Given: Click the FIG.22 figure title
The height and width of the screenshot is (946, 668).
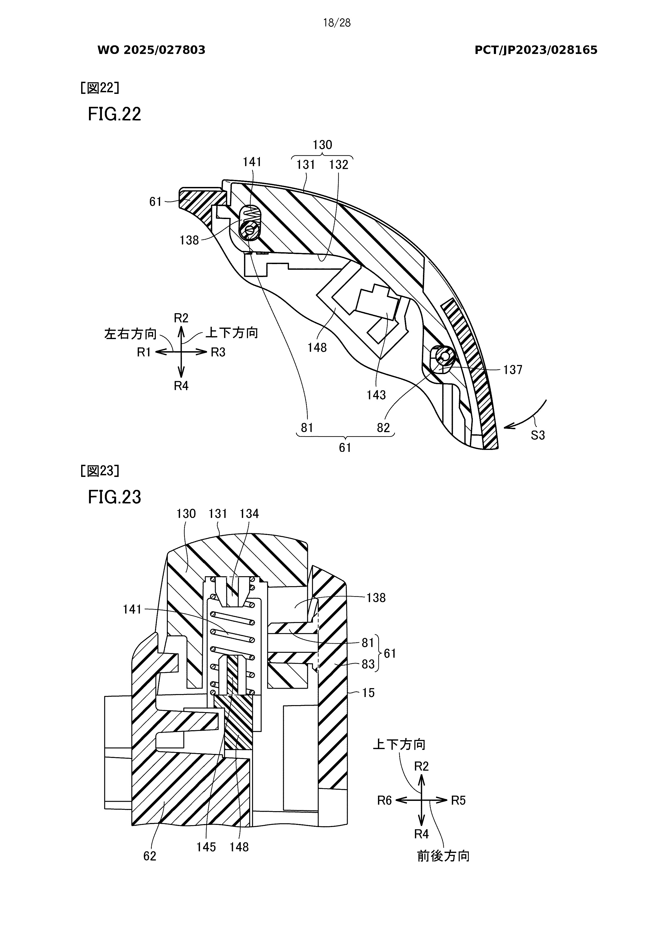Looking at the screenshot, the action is [115, 114].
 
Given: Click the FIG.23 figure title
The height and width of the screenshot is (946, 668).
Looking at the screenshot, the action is [115, 497].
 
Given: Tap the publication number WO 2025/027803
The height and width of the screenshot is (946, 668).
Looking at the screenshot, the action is [151, 50].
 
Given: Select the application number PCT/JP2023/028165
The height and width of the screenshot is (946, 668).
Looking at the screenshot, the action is [536, 50].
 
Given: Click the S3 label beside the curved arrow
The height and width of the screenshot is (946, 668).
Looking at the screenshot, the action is [538, 435].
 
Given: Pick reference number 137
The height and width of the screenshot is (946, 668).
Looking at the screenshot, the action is [513, 370].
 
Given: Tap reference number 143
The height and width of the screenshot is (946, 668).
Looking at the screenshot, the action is [376, 395].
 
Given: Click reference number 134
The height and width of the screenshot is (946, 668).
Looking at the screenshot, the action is [249, 514].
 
